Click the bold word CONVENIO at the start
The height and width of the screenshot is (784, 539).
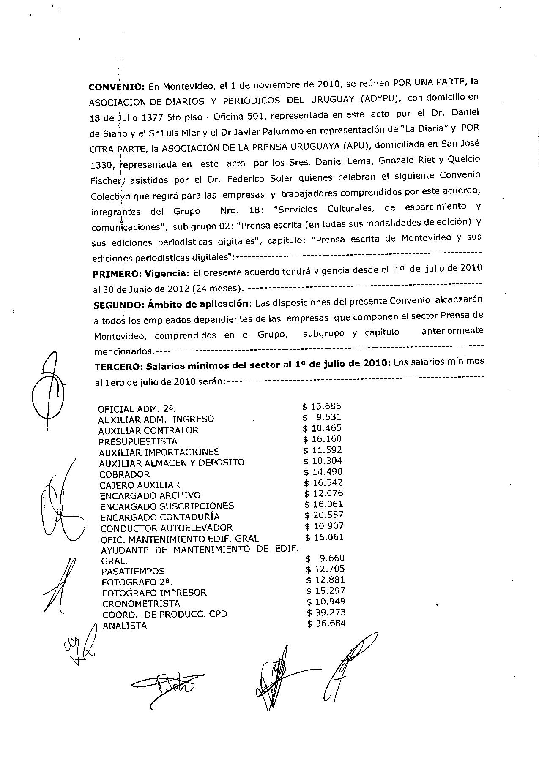coord(116,87)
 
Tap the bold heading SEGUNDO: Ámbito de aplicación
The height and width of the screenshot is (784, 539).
coord(170,304)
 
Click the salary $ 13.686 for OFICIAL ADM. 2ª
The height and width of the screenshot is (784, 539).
coord(322,406)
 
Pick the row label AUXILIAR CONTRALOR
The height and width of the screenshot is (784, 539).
coord(148,430)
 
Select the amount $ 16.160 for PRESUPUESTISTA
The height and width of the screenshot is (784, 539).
coord(323,439)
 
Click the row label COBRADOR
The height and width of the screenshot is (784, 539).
coord(124,474)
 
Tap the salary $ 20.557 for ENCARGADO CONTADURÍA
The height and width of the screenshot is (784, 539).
coord(324,515)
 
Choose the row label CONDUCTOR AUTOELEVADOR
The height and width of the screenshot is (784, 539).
coord(166,528)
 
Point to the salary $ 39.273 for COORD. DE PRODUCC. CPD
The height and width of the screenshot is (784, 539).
coord(326,612)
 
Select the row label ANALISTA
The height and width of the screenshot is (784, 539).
coord(125,626)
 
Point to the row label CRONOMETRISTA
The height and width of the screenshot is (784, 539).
coord(141,604)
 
